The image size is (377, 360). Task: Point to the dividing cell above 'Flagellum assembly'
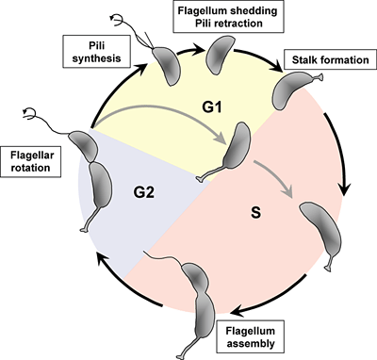[199, 292]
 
